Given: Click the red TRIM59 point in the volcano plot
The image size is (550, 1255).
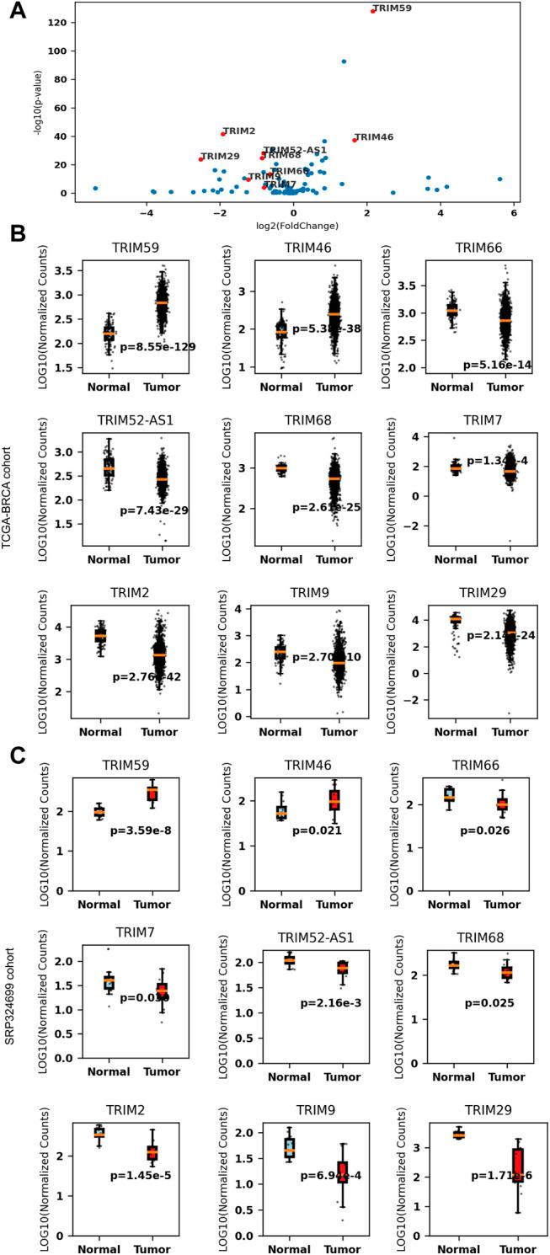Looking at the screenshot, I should click(372, 11).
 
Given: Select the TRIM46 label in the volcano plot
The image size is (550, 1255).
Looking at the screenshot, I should click(374, 136).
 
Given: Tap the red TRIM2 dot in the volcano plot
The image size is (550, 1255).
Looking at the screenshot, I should click(223, 133).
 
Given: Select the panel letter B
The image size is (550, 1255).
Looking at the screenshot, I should click(17, 233).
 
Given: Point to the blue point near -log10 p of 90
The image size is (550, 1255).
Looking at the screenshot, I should click(344, 61).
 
